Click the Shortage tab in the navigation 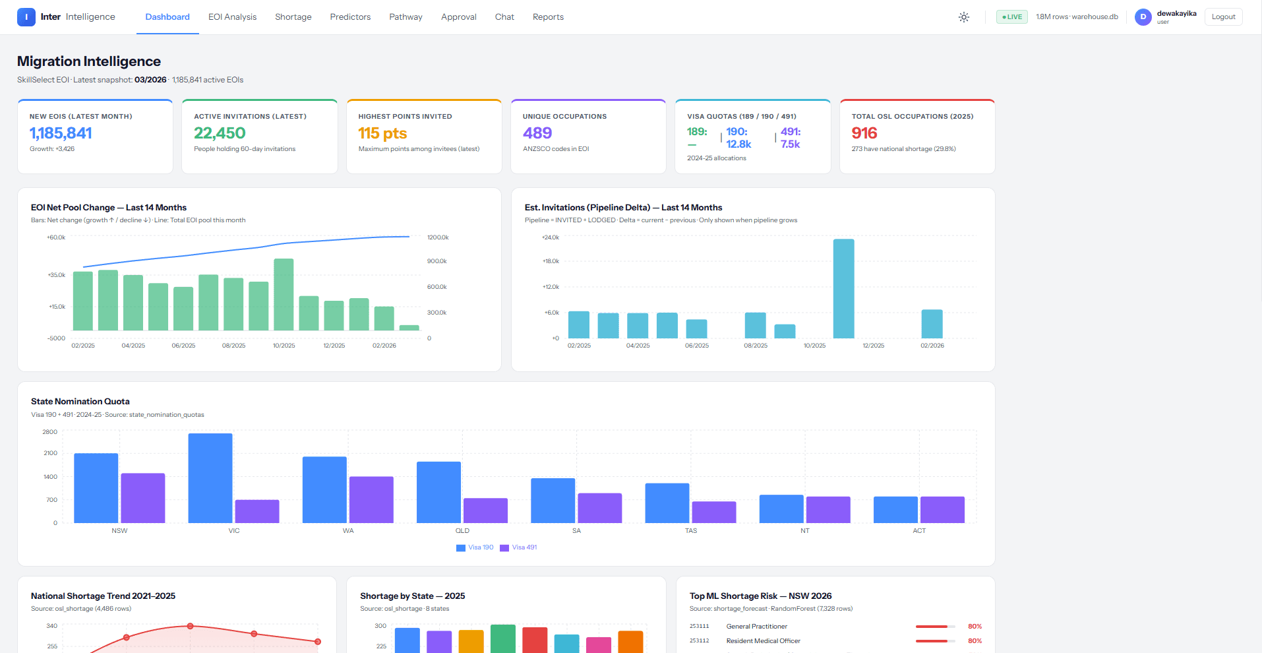293,17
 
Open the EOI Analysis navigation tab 232,17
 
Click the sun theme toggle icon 964,17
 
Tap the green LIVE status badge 1012,17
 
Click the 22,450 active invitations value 220,133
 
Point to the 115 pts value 382,133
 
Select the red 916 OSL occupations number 864,133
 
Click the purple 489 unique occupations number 537,133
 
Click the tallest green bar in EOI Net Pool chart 284,294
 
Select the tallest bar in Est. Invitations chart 843,289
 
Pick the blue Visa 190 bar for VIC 210,478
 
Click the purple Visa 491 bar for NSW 143,498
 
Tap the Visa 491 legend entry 519,547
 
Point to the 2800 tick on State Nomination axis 50,432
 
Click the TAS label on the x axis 691,531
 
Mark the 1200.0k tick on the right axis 438,237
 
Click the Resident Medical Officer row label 764,641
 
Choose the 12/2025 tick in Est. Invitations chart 874,346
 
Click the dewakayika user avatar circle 1143,17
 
